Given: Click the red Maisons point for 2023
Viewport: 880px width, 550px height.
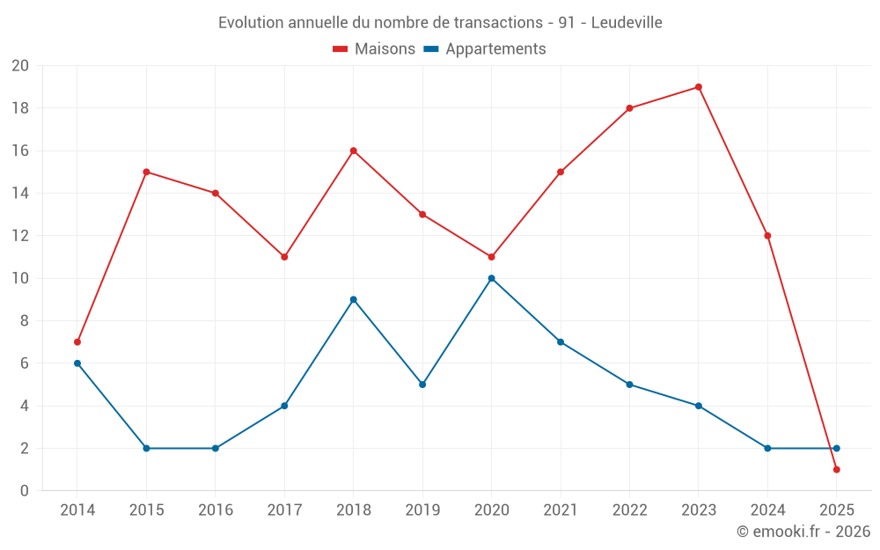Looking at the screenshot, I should (x=698, y=87).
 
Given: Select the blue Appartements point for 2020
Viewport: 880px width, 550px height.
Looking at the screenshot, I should (x=491, y=278).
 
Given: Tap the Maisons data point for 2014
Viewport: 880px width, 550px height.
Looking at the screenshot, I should (x=77, y=341).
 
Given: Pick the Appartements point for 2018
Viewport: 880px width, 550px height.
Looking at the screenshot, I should (x=353, y=299).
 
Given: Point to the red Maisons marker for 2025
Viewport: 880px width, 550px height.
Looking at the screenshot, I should (x=836, y=469).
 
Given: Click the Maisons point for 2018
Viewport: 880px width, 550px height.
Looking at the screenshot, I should (x=353, y=150).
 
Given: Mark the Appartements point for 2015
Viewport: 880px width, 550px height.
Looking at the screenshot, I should (x=146, y=448).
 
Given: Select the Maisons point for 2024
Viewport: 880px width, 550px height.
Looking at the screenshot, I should (x=767, y=236).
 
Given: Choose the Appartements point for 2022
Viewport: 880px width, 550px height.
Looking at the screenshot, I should (x=629, y=385).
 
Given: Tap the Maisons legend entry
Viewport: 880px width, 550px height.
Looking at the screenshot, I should (x=374, y=49).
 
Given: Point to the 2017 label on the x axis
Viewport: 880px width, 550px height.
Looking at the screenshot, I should (x=284, y=510).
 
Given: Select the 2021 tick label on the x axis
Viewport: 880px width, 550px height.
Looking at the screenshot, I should (x=561, y=510).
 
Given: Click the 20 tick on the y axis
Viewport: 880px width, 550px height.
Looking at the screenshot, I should (x=20, y=66).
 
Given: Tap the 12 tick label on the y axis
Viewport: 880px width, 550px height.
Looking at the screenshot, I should (x=20, y=236).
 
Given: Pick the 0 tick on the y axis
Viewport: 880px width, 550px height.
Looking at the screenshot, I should (x=25, y=490).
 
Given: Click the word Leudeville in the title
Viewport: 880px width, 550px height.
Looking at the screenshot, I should (x=627, y=22).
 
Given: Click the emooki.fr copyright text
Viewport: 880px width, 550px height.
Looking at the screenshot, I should (x=803, y=532).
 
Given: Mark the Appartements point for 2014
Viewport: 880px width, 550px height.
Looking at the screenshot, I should (x=77, y=363).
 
